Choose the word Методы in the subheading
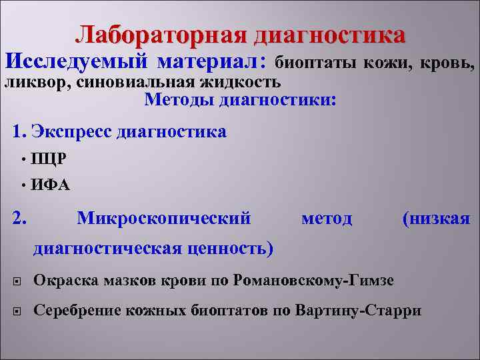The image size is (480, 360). pos(177,101)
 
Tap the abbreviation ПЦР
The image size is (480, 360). pos(48,159)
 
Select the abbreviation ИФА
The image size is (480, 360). pos(50,185)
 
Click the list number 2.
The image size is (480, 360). pos(20,218)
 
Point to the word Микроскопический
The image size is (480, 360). pos(164,218)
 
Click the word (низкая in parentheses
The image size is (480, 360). pos(437,218)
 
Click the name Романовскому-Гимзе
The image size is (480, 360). pos(314,279)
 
